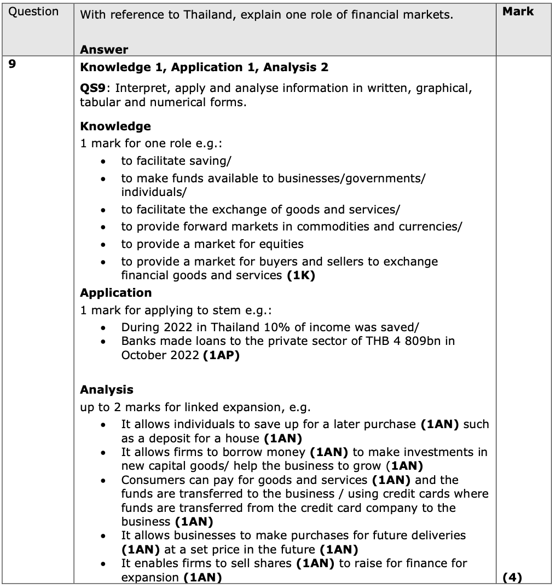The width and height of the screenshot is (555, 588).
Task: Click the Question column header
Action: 34,12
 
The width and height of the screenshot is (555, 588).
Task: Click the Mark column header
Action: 518,11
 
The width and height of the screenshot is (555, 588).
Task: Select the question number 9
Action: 13,64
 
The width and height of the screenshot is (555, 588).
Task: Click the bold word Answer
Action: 104,50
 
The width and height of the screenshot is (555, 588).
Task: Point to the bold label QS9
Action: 92,88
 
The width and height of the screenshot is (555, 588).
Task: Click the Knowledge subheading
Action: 115,126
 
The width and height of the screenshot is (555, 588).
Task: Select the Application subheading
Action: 115,292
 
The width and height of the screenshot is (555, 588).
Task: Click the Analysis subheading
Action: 106,389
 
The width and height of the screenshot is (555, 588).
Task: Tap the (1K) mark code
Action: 301,275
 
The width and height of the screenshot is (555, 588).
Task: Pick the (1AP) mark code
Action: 221,355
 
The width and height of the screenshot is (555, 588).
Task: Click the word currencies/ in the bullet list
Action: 431,226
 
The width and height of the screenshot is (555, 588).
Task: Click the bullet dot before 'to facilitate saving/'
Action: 103,162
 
